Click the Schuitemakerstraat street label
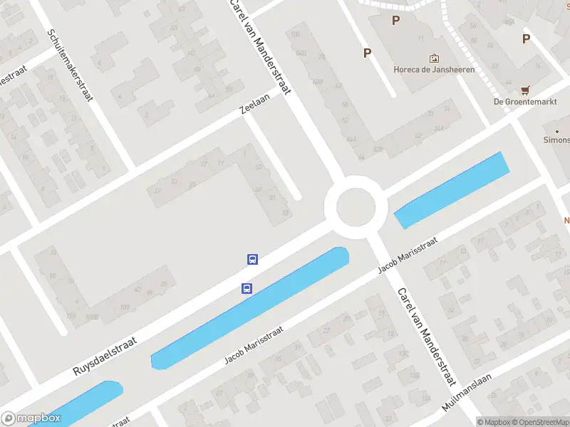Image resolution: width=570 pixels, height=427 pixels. point(70,64)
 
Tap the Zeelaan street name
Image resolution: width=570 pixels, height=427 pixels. point(255,105)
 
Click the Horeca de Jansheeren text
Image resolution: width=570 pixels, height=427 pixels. point(434,70)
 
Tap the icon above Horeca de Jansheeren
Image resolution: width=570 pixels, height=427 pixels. point(433,58)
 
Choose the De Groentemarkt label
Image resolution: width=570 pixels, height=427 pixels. point(525,101)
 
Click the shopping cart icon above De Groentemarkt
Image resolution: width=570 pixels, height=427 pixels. point(526,90)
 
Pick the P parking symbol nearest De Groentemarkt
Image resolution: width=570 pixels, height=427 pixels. point(526,39)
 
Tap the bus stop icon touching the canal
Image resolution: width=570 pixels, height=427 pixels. point(247,288)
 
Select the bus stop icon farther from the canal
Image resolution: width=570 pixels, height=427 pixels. point(252,259)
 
